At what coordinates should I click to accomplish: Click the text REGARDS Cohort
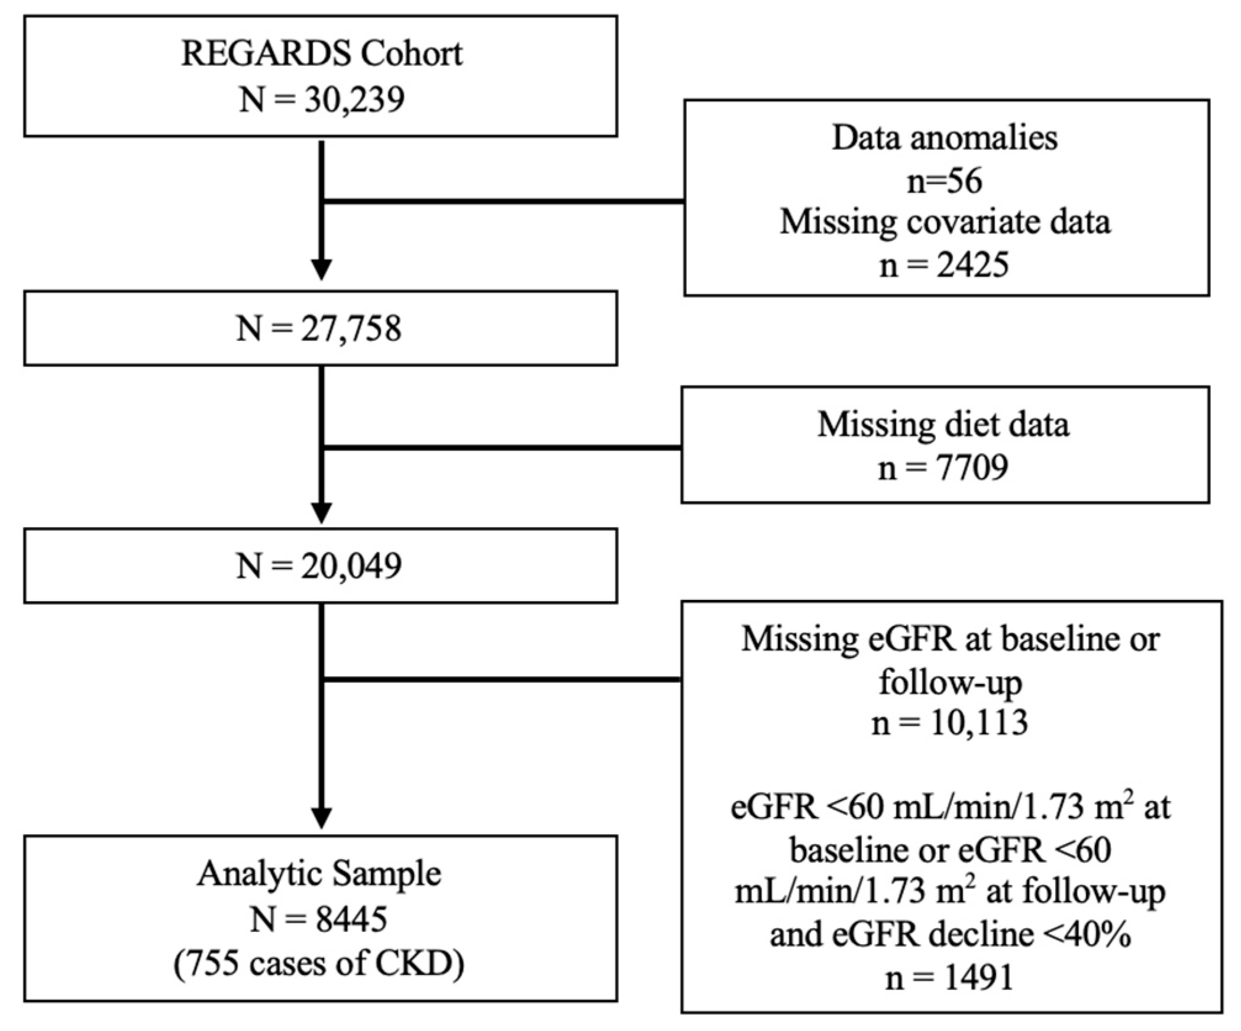[x=321, y=54]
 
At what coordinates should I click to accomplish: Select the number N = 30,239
[x=321, y=99]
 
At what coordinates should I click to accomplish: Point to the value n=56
[x=944, y=181]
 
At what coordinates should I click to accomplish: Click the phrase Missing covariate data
[x=944, y=222]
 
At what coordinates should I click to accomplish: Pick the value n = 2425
[x=944, y=266]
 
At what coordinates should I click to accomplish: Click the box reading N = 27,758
[x=320, y=328]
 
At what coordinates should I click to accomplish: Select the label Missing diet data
[x=943, y=424]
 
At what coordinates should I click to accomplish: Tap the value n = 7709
[x=943, y=467]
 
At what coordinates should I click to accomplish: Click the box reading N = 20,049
[x=320, y=565]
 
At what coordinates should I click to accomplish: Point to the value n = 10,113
[x=949, y=723]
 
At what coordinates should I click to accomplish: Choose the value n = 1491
[x=949, y=977]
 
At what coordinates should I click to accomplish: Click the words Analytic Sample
[x=319, y=874]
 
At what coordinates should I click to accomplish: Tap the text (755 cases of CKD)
[x=319, y=964]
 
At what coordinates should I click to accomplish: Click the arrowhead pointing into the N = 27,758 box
[x=321, y=269]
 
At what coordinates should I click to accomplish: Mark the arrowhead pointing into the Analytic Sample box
[x=321, y=818]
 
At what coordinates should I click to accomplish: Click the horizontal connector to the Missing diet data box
[x=502, y=448]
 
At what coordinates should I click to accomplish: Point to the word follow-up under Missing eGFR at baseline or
[x=949, y=682]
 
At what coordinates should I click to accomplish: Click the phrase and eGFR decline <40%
[x=949, y=935]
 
